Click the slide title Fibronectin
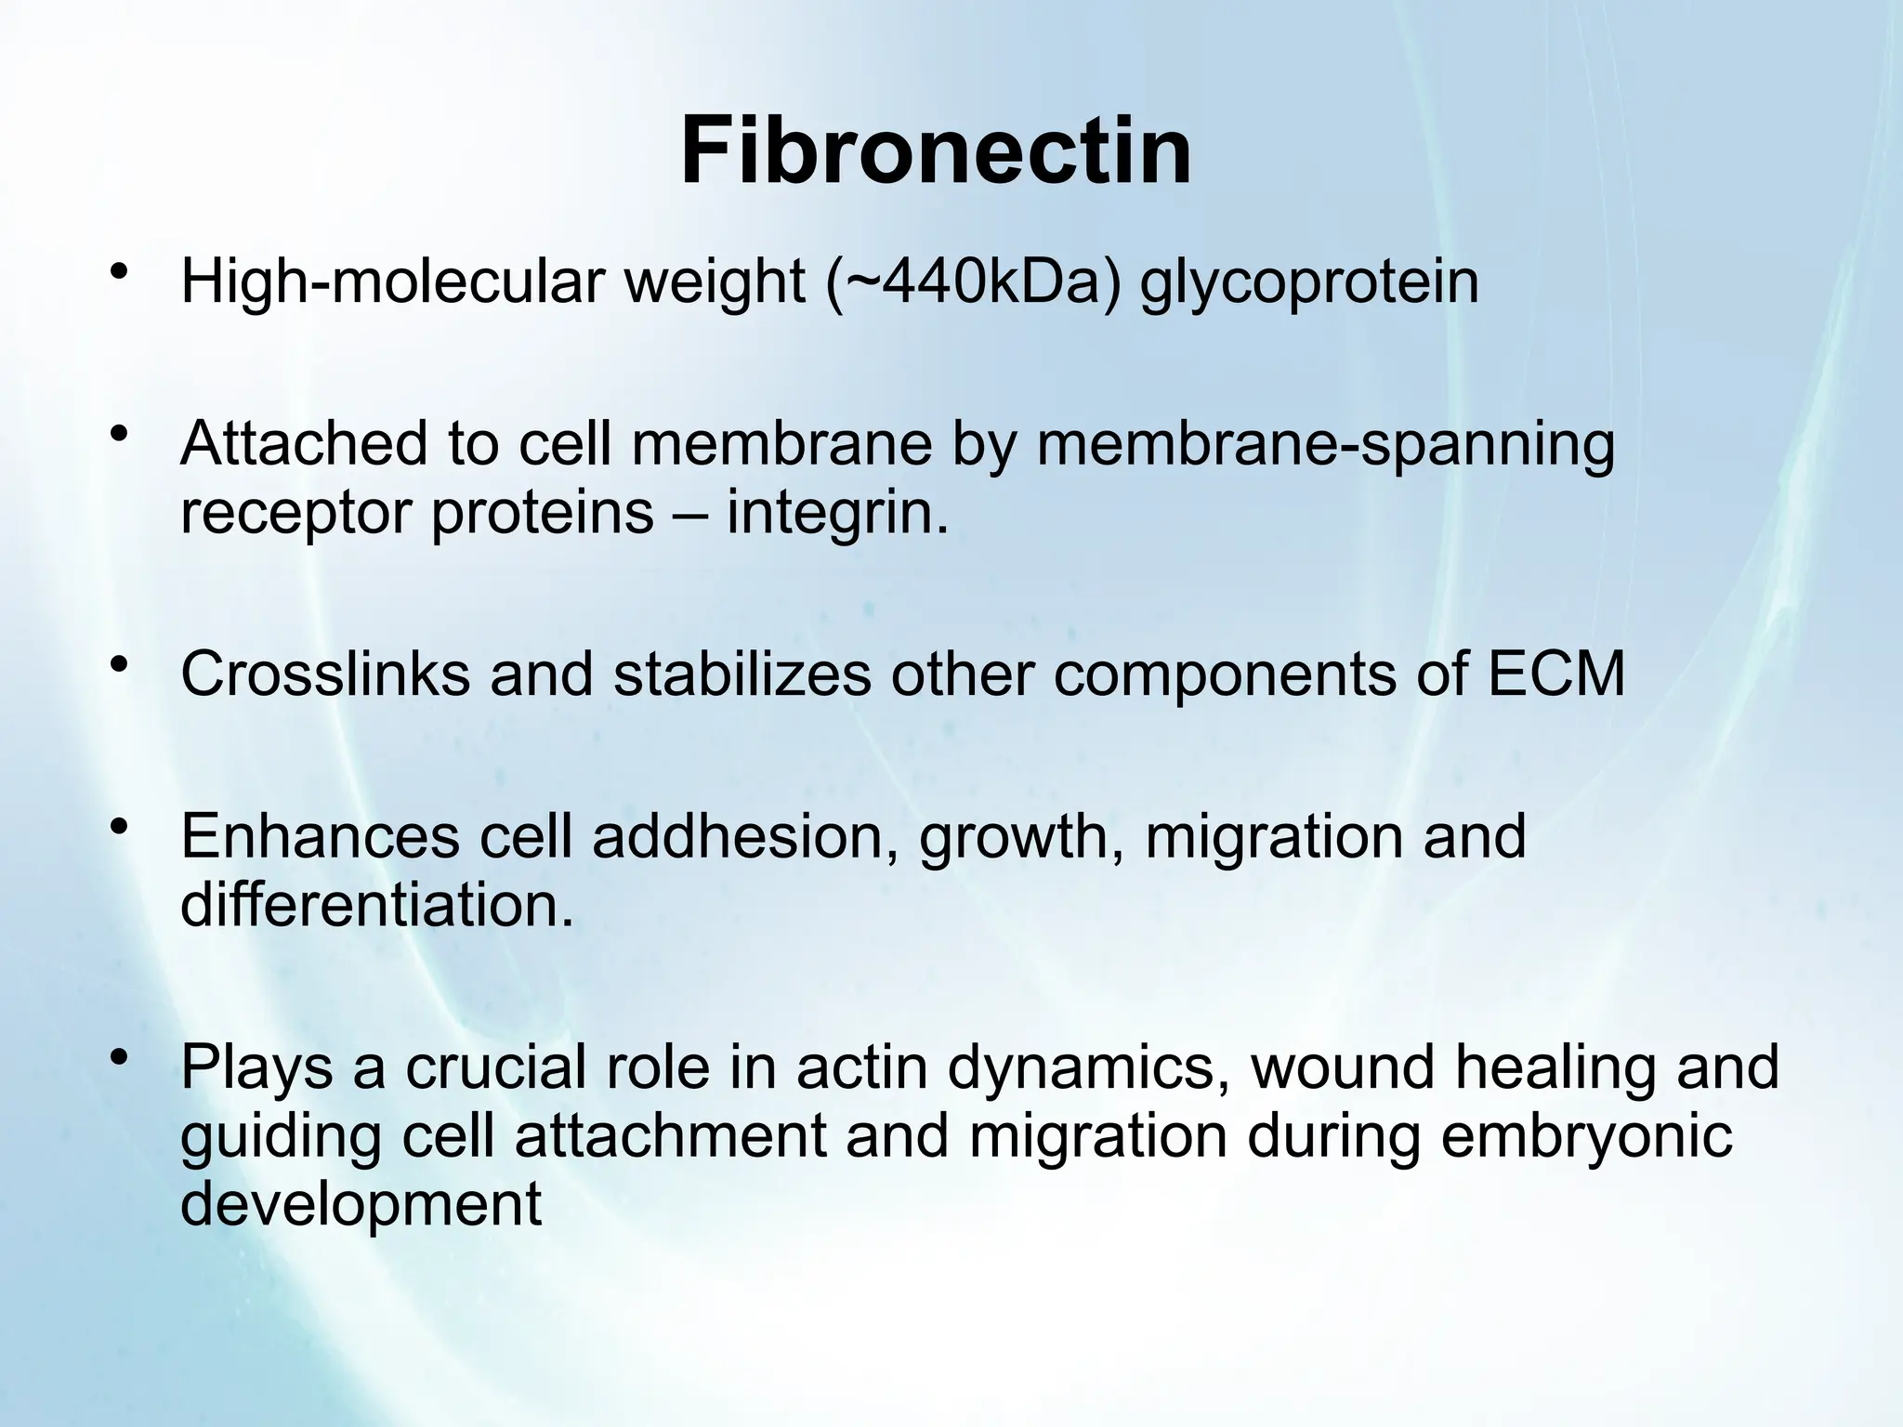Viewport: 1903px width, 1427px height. pyautogui.click(x=936, y=151)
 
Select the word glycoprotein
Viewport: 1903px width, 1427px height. pyautogui.click(x=1309, y=284)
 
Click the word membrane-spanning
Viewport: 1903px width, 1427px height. pyautogui.click(x=1326, y=446)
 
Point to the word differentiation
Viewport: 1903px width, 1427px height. pyautogui.click(x=376, y=905)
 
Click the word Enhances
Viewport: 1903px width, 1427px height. pyautogui.click(x=320, y=836)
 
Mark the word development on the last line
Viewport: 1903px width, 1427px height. pyautogui.click(x=361, y=1205)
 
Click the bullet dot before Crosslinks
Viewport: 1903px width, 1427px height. pyautogui.click(x=117, y=665)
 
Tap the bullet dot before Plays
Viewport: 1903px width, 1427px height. pyautogui.click(x=117, y=1059)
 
